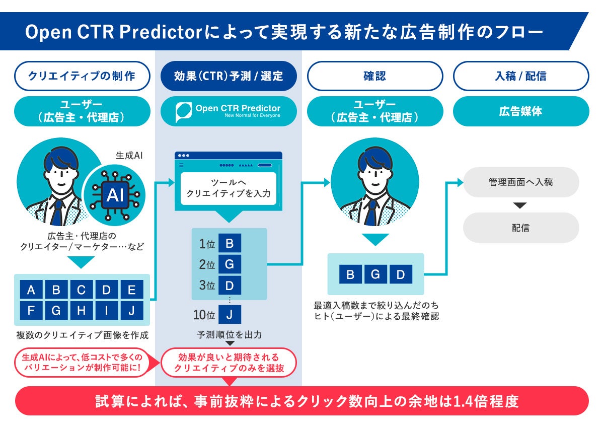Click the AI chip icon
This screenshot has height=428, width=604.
[x=115, y=195]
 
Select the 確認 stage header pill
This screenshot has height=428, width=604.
[x=375, y=76]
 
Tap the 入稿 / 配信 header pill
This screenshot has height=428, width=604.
[x=521, y=76]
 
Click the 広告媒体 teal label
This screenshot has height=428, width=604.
[x=521, y=111]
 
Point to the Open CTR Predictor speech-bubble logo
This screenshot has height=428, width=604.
[x=184, y=112]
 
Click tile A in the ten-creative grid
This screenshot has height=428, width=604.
[x=31, y=290]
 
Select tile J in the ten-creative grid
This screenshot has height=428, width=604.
[x=131, y=311]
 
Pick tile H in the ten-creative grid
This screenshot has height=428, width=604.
[x=82, y=311]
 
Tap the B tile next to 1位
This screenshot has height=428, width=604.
[x=230, y=243]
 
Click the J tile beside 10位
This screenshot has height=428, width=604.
[x=230, y=315]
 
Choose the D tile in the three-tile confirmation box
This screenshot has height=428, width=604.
[x=401, y=274]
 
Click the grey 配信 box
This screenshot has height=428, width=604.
[x=521, y=228]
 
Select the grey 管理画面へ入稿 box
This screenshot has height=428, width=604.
[x=521, y=182]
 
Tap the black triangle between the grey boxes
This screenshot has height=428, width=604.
[x=520, y=205]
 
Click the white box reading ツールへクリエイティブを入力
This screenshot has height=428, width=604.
[x=229, y=188]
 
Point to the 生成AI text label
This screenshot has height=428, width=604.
[x=129, y=156]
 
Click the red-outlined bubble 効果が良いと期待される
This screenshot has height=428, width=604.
[x=229, y=363]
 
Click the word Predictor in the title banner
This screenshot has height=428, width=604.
[x=161, y=32]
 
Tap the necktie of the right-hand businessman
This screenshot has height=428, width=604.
[x=371, y=213]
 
